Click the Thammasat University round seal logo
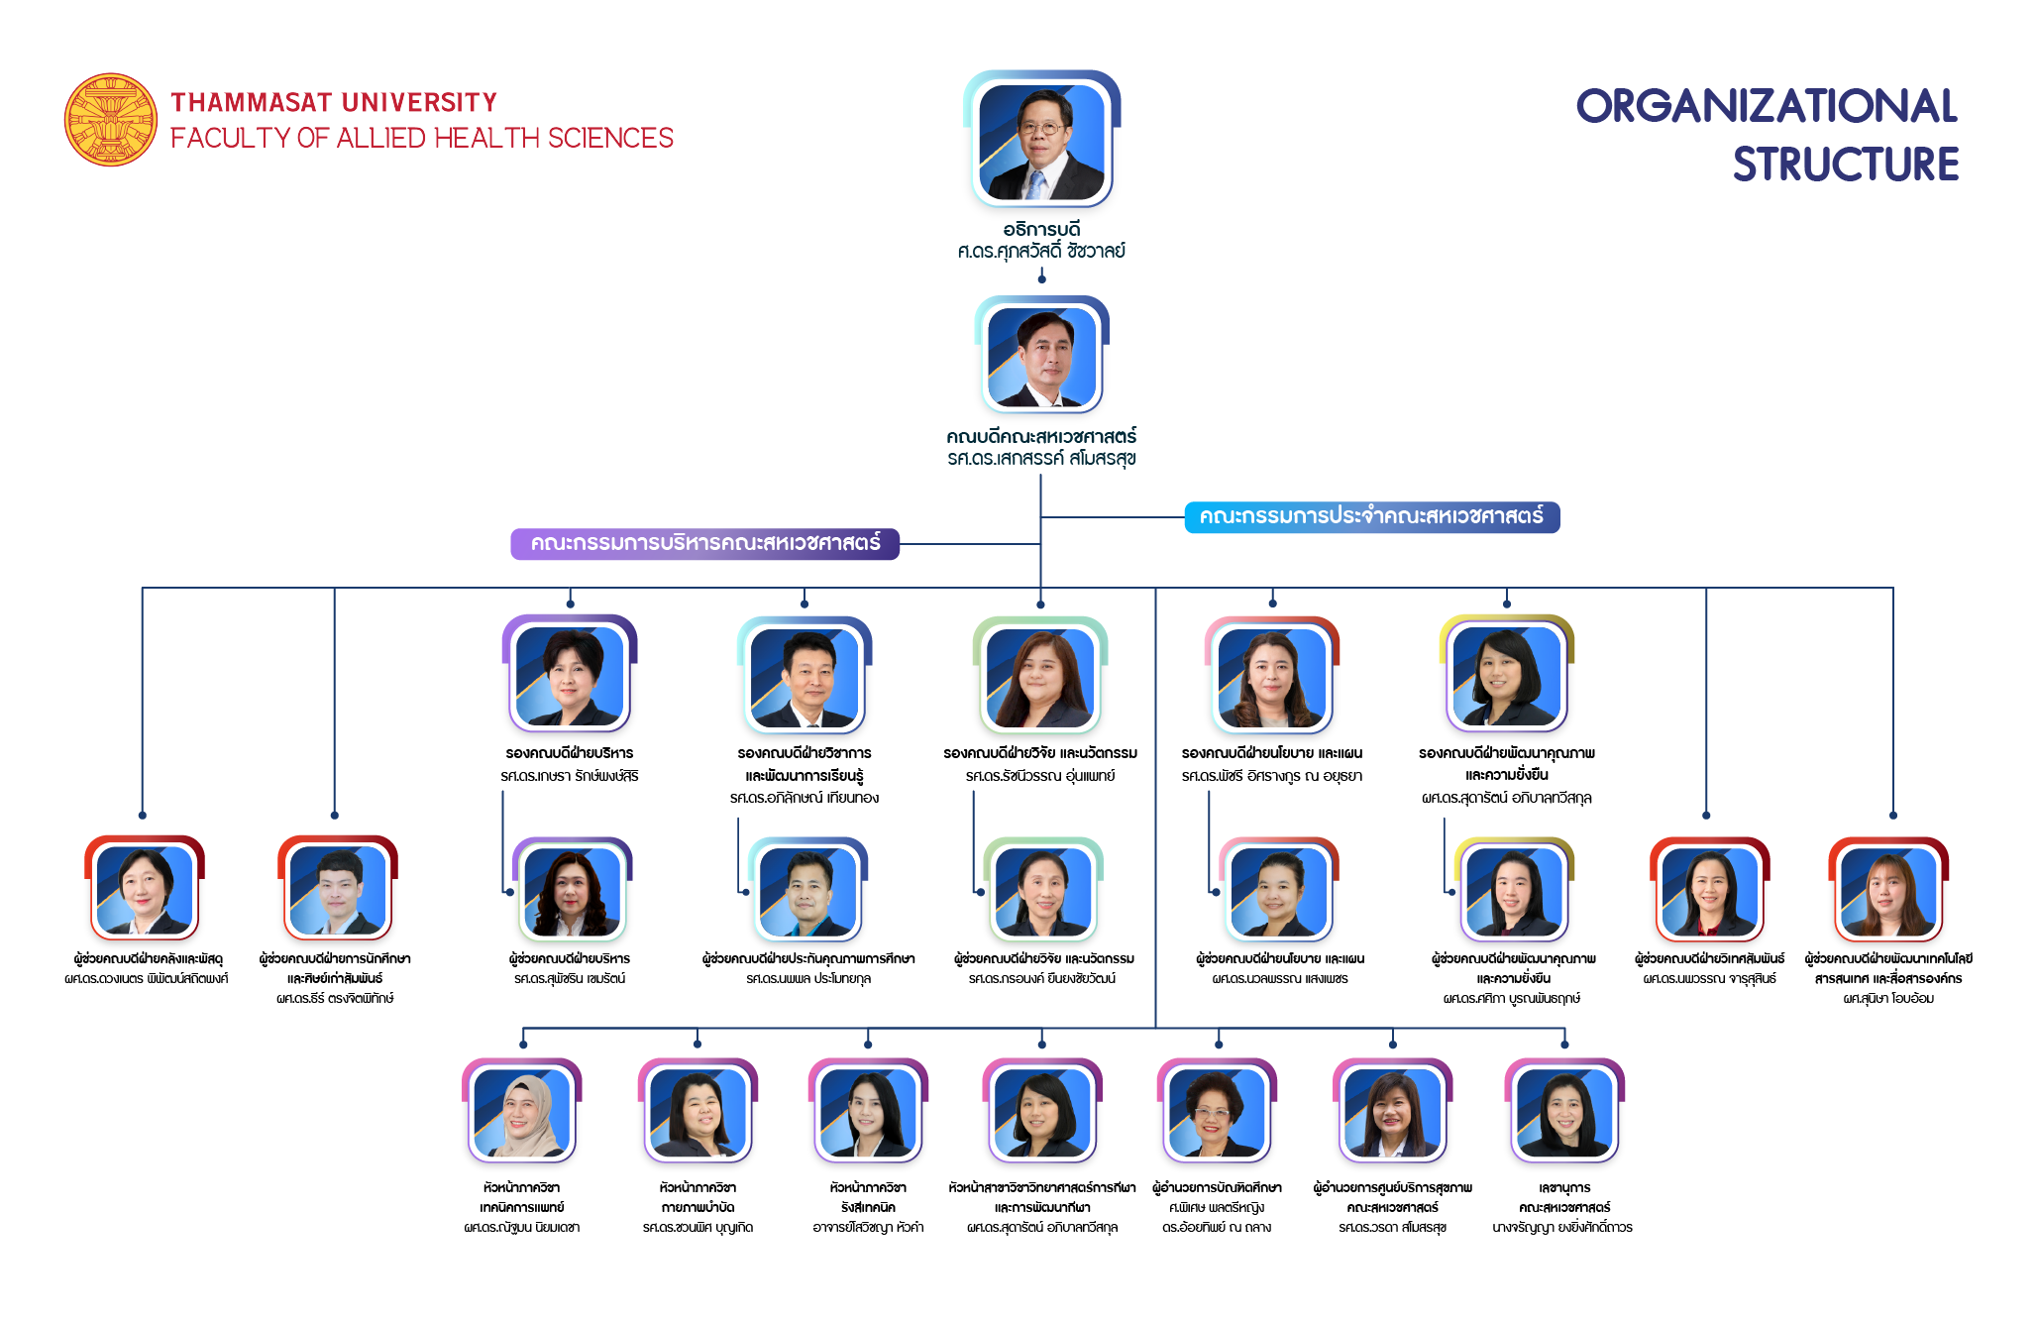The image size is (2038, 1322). point(111,119)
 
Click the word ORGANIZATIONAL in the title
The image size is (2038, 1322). point(1766,107)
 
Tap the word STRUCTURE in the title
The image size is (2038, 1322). point(1845,165)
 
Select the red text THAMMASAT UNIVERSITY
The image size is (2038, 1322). point(334,103)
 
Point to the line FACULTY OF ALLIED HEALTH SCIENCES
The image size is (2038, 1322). point(421,139)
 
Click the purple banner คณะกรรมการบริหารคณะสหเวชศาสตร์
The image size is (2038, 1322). point(704,543)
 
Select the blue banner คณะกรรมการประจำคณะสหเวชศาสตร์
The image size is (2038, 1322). point(1371,516)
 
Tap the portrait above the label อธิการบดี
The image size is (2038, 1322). point(1041,142)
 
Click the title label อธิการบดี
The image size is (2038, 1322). point(1041,230)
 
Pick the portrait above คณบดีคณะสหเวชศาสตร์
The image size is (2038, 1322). point(1041,357)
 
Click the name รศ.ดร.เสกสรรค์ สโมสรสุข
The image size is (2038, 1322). point(1041,459)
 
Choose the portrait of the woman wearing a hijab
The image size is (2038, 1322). point(522,1113)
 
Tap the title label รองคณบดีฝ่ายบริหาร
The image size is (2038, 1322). point(570,753)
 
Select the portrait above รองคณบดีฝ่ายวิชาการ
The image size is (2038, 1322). point(804,677)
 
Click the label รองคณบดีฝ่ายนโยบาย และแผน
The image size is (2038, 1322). point(1272,753)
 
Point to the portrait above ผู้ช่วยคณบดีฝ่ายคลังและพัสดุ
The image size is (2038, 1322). point(145,890)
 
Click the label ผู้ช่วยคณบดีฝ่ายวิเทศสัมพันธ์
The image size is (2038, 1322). point(1709,959)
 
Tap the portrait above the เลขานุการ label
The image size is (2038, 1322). point(1564,1113)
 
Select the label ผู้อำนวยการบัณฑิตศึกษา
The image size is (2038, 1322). point(1217,1187)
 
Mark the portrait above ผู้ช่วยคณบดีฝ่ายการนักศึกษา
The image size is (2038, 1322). point(337,890)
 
